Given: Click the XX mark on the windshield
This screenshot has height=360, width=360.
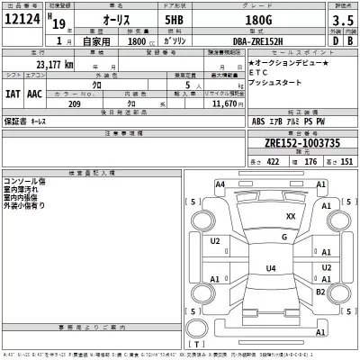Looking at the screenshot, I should [290, 217].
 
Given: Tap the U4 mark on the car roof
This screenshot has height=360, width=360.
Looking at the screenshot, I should [271, 268].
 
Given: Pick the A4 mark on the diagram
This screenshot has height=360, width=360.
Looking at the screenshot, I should [220, 184].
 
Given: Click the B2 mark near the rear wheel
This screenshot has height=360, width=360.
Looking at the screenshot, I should [320, 292].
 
